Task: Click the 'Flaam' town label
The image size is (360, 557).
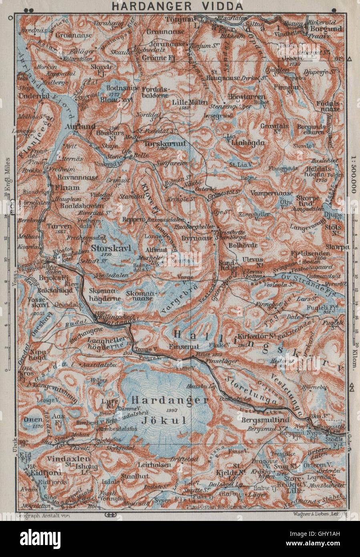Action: (67, 187)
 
